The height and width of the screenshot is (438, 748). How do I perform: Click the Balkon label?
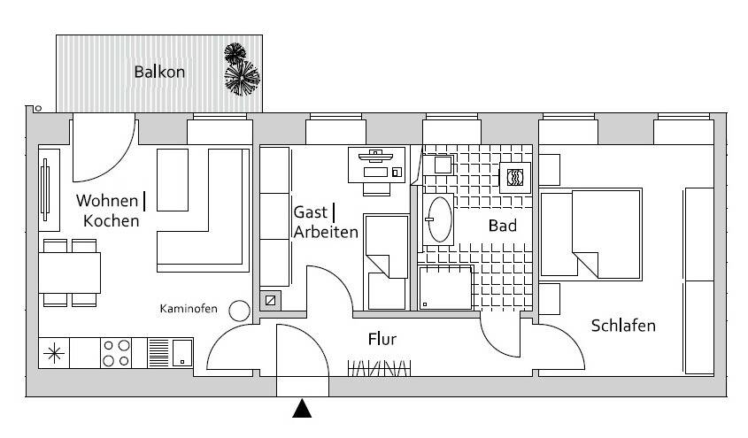point(159,72)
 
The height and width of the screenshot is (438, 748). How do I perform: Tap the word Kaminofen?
point(189,309)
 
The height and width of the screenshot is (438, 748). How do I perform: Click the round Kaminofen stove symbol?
point(239,311)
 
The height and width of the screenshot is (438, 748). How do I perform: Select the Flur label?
point(382,340)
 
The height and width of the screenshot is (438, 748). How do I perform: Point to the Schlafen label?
point(623,326)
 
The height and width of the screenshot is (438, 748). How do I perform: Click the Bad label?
point(502,226)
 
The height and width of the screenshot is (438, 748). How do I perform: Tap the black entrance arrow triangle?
point(302,409)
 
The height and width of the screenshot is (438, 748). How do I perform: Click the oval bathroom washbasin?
point(439,219)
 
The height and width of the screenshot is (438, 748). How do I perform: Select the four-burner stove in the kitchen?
point(116,353)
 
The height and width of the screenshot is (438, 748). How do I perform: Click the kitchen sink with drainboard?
point(170,353)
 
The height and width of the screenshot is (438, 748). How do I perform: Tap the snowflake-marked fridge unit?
point(54,353)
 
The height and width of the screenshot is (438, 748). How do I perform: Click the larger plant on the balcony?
point(243,78)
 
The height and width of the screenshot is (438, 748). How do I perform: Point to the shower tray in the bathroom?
point(445,288)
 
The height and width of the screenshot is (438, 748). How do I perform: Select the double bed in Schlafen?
point(590,233)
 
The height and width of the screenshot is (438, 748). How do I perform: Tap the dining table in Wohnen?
point(70,273)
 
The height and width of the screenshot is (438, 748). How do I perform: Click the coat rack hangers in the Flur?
point(379,368)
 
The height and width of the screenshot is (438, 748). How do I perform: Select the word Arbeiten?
point(326,232)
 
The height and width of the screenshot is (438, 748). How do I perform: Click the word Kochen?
point(112,221)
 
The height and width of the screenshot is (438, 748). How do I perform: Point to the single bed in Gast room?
point(387,263)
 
